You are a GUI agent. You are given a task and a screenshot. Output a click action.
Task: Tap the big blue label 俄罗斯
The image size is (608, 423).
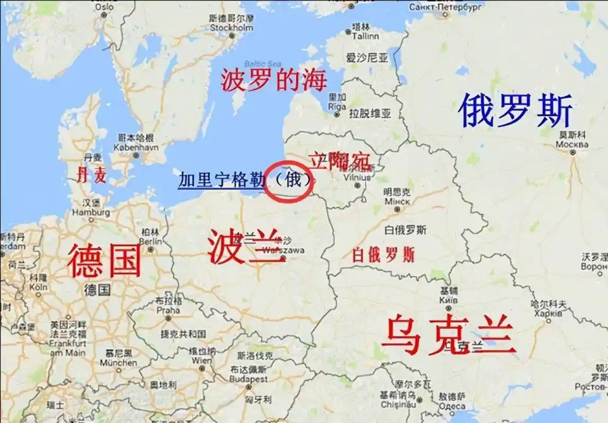click(515, 111)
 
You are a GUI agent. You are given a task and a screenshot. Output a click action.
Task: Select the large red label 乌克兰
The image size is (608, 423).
click(448, 335)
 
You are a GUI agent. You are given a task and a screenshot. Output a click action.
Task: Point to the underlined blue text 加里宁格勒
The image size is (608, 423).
click(221, 180)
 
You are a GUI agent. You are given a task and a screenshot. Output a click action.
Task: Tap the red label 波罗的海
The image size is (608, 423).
click(274, 80)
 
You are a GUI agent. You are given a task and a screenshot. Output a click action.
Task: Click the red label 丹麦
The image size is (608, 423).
click(92, 175)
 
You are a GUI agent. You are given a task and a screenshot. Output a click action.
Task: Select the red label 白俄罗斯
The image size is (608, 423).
click(383, 254)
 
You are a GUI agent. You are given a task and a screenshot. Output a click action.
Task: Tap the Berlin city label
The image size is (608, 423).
click(150, 242)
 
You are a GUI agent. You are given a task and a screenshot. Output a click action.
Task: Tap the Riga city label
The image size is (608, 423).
click(337, 106)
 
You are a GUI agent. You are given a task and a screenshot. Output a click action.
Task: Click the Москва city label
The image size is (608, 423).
click(572, 144)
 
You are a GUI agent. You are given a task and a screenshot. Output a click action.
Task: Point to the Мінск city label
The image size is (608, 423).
click(397, 201)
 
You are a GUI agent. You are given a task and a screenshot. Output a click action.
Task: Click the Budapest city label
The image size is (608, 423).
click(248, 379)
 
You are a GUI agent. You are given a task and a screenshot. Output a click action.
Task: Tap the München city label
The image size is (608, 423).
click(119, 363)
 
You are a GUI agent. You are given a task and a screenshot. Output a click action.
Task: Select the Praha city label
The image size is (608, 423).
click(168, 310)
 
